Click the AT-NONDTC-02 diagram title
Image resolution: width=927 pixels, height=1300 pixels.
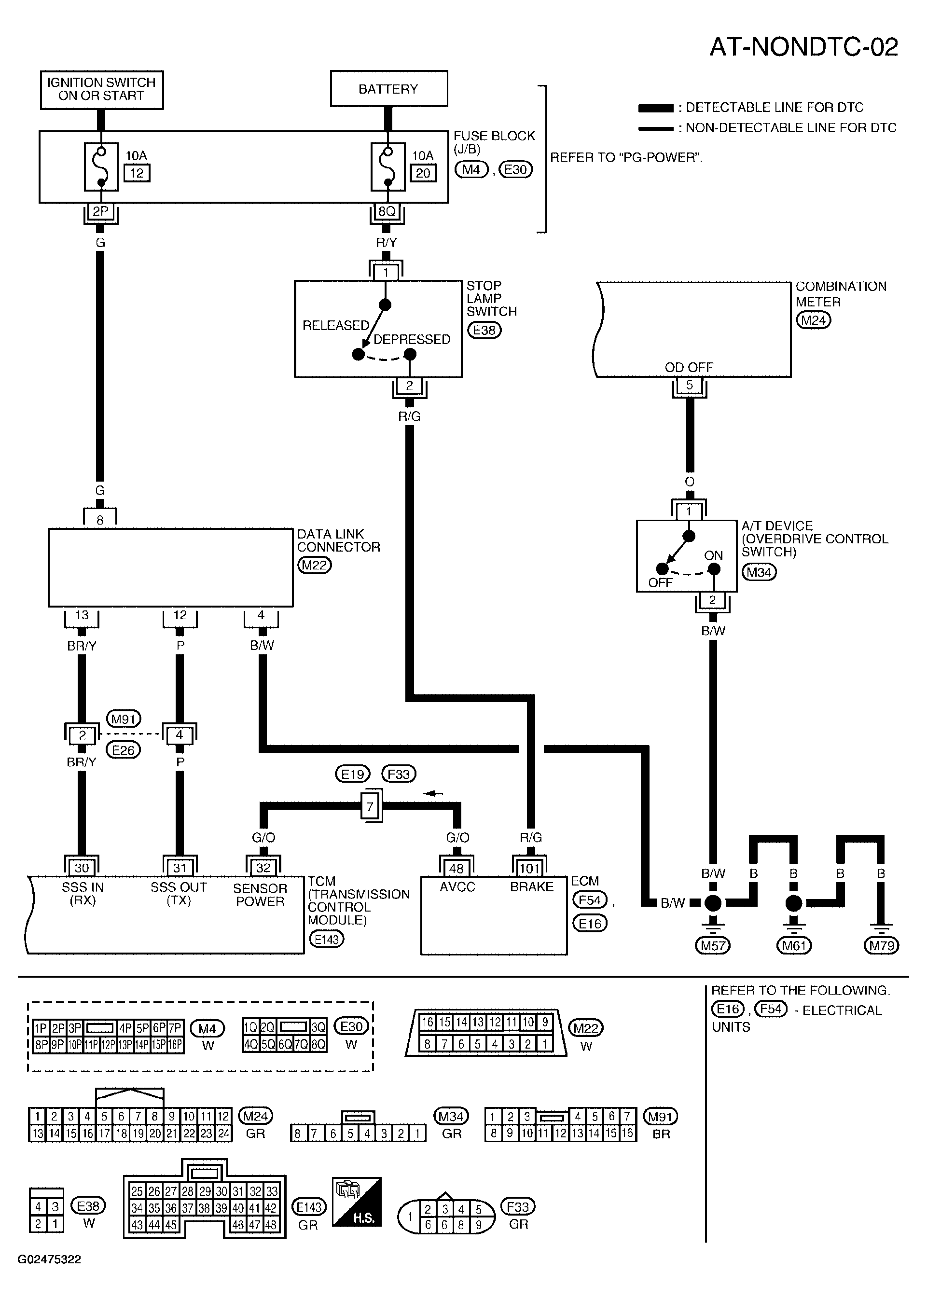[803, 47]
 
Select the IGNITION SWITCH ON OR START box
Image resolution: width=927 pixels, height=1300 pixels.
[102, 90]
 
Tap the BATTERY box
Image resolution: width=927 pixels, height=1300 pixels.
[389, 88]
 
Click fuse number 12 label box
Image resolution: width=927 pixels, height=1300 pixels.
[137, 173]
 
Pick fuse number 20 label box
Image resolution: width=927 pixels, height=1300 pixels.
[423, 173]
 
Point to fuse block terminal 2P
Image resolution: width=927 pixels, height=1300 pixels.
[100, 211]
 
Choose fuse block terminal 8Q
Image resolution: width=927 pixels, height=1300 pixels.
[387, 211]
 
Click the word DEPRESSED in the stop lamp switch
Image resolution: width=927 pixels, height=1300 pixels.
[412, 340]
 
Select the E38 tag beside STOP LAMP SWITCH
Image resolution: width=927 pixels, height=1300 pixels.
[484, 331]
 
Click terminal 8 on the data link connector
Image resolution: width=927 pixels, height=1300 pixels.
[100, 520]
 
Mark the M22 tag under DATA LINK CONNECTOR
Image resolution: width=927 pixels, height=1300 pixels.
[315, 566]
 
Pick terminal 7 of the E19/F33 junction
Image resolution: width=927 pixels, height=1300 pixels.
[370, 806]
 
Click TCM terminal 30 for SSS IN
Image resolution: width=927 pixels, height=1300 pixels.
[82, 868]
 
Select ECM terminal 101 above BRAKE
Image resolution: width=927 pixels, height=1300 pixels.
[529, 869]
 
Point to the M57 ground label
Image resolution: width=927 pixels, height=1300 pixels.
[713, 946]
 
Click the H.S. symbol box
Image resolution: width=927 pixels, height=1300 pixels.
[357, 1209]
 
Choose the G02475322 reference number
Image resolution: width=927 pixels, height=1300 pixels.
[49, 1259]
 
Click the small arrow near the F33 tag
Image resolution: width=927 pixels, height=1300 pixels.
[434, 793]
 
